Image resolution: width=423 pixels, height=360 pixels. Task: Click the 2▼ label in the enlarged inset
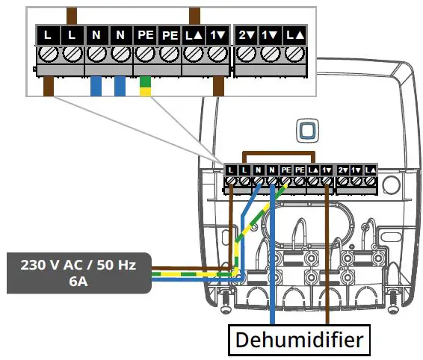(x=246, y=34)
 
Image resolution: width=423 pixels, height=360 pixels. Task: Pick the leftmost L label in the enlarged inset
(x=48, y=34)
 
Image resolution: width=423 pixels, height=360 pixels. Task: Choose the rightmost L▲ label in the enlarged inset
(x=294, y=34)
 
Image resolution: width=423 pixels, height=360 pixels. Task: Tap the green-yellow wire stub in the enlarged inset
(x=145, y=87)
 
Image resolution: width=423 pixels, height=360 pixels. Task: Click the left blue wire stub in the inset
(x=96, y=86)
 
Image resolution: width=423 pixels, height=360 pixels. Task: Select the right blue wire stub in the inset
(x=120, y=86)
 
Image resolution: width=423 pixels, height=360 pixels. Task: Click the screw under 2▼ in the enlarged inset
(x=246, y=54)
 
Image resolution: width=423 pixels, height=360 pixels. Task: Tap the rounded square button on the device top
(x=306, y=130)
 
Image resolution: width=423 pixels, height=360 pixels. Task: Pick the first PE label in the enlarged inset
(x=145, y=34)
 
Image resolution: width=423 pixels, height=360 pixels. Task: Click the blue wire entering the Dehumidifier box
(x=274, y=317)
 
